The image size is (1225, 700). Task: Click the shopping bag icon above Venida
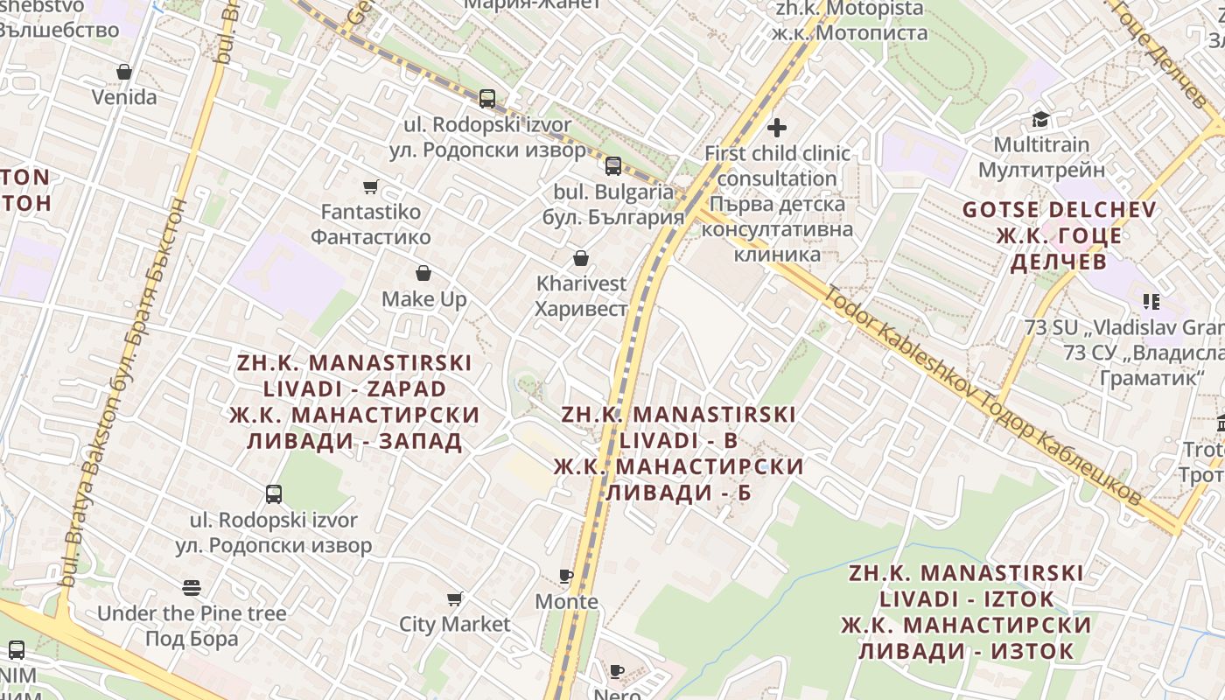click(124, 71)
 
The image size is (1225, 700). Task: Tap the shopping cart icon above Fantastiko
click(370, 186)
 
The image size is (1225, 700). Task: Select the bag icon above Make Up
click(423, 273)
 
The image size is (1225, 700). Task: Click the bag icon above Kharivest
click(580, 258)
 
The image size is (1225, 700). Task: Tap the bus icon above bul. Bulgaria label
click(613, 165)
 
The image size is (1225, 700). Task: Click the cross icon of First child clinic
click(776, 128)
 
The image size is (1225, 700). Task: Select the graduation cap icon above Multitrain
click(1040, 119)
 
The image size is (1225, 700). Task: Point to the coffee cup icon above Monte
click(566, 576)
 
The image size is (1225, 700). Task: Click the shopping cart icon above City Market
click(454, 599)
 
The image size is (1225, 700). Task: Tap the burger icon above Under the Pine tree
click(192, 587)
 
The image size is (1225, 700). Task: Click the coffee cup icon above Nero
click(617, 671)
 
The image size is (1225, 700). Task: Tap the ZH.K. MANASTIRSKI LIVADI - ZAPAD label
click(354, 402)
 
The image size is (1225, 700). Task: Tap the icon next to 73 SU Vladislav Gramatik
click(1151, 302)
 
